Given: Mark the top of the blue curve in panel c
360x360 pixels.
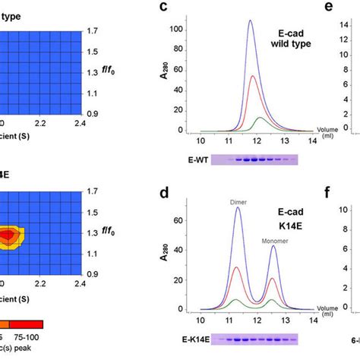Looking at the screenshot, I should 250,21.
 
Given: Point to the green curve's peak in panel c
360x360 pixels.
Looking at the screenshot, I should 261,118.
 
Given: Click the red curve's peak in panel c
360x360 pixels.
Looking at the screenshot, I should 252,76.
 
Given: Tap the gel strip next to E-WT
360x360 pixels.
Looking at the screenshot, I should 254,160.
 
